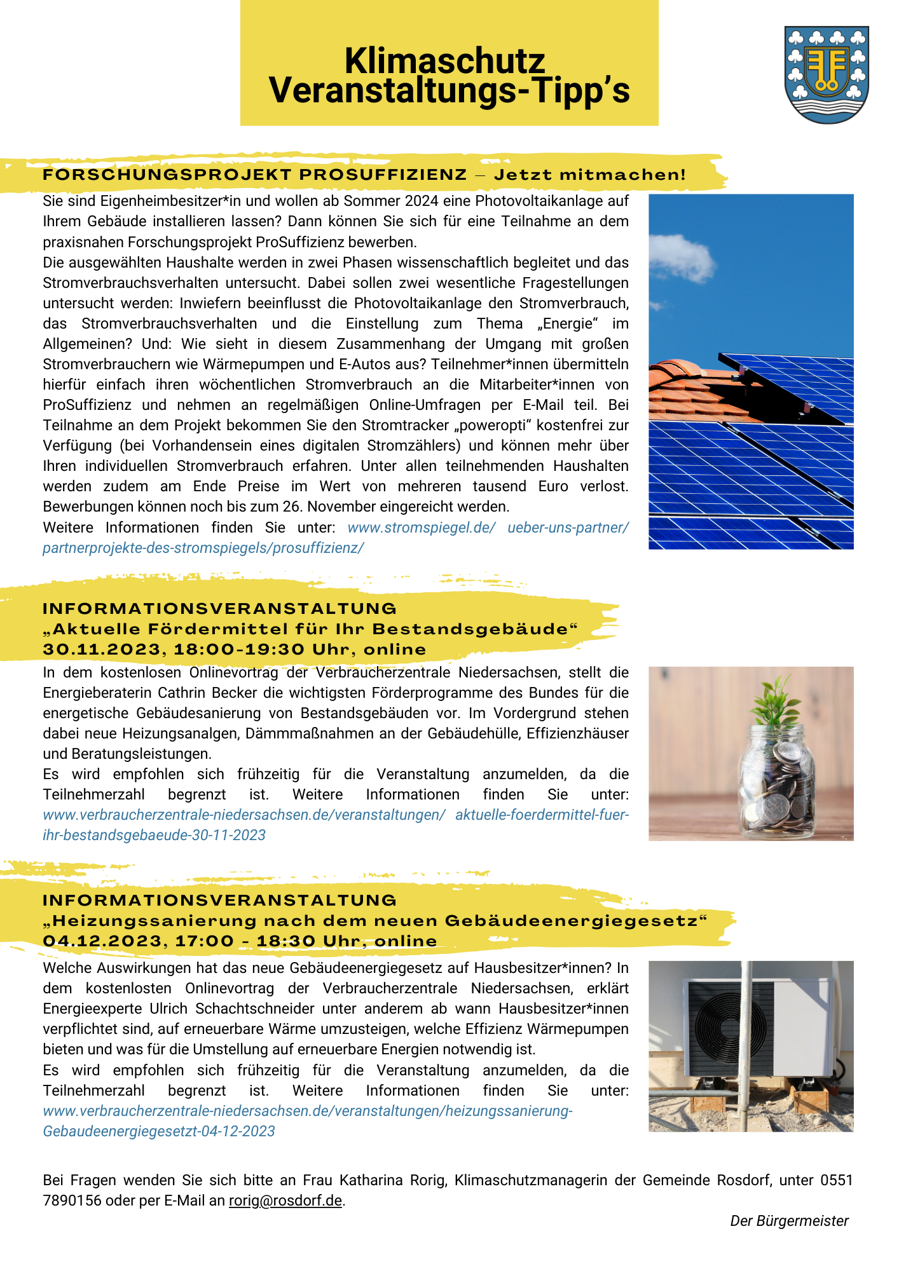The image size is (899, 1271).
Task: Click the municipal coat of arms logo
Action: (x=827, y=74)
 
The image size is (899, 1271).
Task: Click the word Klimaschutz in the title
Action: (x=444, y=62)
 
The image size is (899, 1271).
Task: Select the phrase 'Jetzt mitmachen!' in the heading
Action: (x=590, y=175)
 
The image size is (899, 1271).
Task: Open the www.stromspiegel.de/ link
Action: (x=422, y=527)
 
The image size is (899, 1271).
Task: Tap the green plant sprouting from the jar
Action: (x=776, y=702)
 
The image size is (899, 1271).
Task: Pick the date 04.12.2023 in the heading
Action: (x=102, y=941)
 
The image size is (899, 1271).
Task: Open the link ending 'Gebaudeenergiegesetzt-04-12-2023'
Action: (x=159, y=1131)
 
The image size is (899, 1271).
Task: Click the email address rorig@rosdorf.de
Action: (x=285, y=1200)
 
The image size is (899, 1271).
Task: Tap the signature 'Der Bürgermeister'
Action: (x=789, y=1221)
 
